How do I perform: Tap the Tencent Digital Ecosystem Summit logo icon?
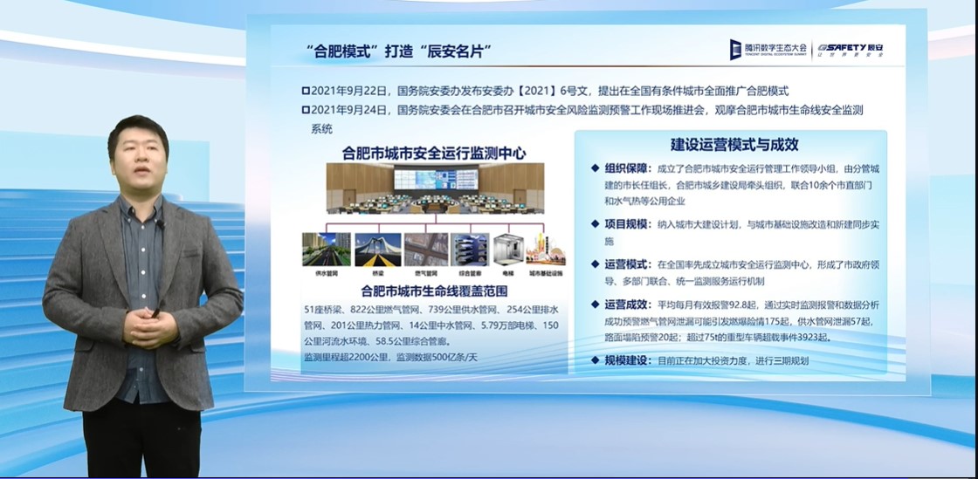click(x=736, y=50)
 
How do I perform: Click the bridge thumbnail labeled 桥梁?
click(x=378, y=250)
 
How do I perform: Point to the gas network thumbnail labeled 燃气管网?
click(x=426, y=250)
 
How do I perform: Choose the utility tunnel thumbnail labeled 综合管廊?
click(x=470, y=250)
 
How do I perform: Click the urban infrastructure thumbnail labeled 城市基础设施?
click(x=545, y=250)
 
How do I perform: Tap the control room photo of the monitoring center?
click(x=435, y=188)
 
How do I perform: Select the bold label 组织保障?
click(x=626, y=169)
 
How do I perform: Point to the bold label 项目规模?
click(x=626, y=224)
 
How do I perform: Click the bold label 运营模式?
click(x=626, y=264)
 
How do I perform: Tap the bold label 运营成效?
click(x=626, y=305)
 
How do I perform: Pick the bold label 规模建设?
click(x=626, y=359)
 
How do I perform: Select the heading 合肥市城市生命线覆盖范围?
click(x=434, y=291)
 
